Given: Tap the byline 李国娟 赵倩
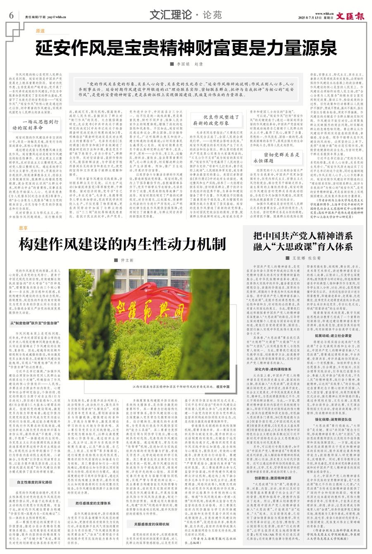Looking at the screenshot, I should coord(186,64).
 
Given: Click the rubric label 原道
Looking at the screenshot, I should coord(40,31).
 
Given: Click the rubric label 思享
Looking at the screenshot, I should coord(24,228).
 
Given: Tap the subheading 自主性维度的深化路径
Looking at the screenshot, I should coord(34,482).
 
